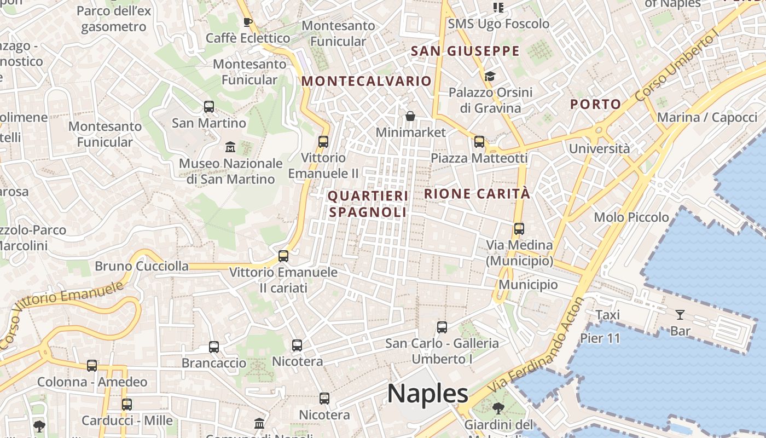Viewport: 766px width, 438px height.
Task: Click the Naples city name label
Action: [427, 393]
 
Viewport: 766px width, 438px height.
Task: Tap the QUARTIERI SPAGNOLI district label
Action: [368, 204]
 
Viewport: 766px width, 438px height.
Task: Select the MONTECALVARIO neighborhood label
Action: [367, 81]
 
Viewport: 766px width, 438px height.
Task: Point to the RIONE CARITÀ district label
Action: [477, 193]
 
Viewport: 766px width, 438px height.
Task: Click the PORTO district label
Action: [596, 104]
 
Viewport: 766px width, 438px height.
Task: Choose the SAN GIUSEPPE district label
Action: [465, 51]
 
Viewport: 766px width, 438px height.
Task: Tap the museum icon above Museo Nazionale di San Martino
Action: [230, 147]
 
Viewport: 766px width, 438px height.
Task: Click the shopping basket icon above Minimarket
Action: [410, 116]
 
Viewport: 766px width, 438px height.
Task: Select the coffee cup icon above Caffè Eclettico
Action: [247, 22]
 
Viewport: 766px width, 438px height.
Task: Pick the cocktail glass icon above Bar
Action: [680, 314]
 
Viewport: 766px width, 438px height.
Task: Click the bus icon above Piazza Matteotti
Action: [479, 142]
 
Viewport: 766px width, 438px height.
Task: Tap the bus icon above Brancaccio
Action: [214, 347]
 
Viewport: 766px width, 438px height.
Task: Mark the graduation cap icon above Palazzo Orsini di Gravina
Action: [490, 76]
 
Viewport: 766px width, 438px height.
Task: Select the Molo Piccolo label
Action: [631, 217]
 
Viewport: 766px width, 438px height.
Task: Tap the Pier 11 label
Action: [600, 338]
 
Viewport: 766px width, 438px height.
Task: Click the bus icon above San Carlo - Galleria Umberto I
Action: [442, 327]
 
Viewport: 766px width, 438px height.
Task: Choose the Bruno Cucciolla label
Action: [142, 267]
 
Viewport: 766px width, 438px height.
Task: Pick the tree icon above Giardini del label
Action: [498, 408]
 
